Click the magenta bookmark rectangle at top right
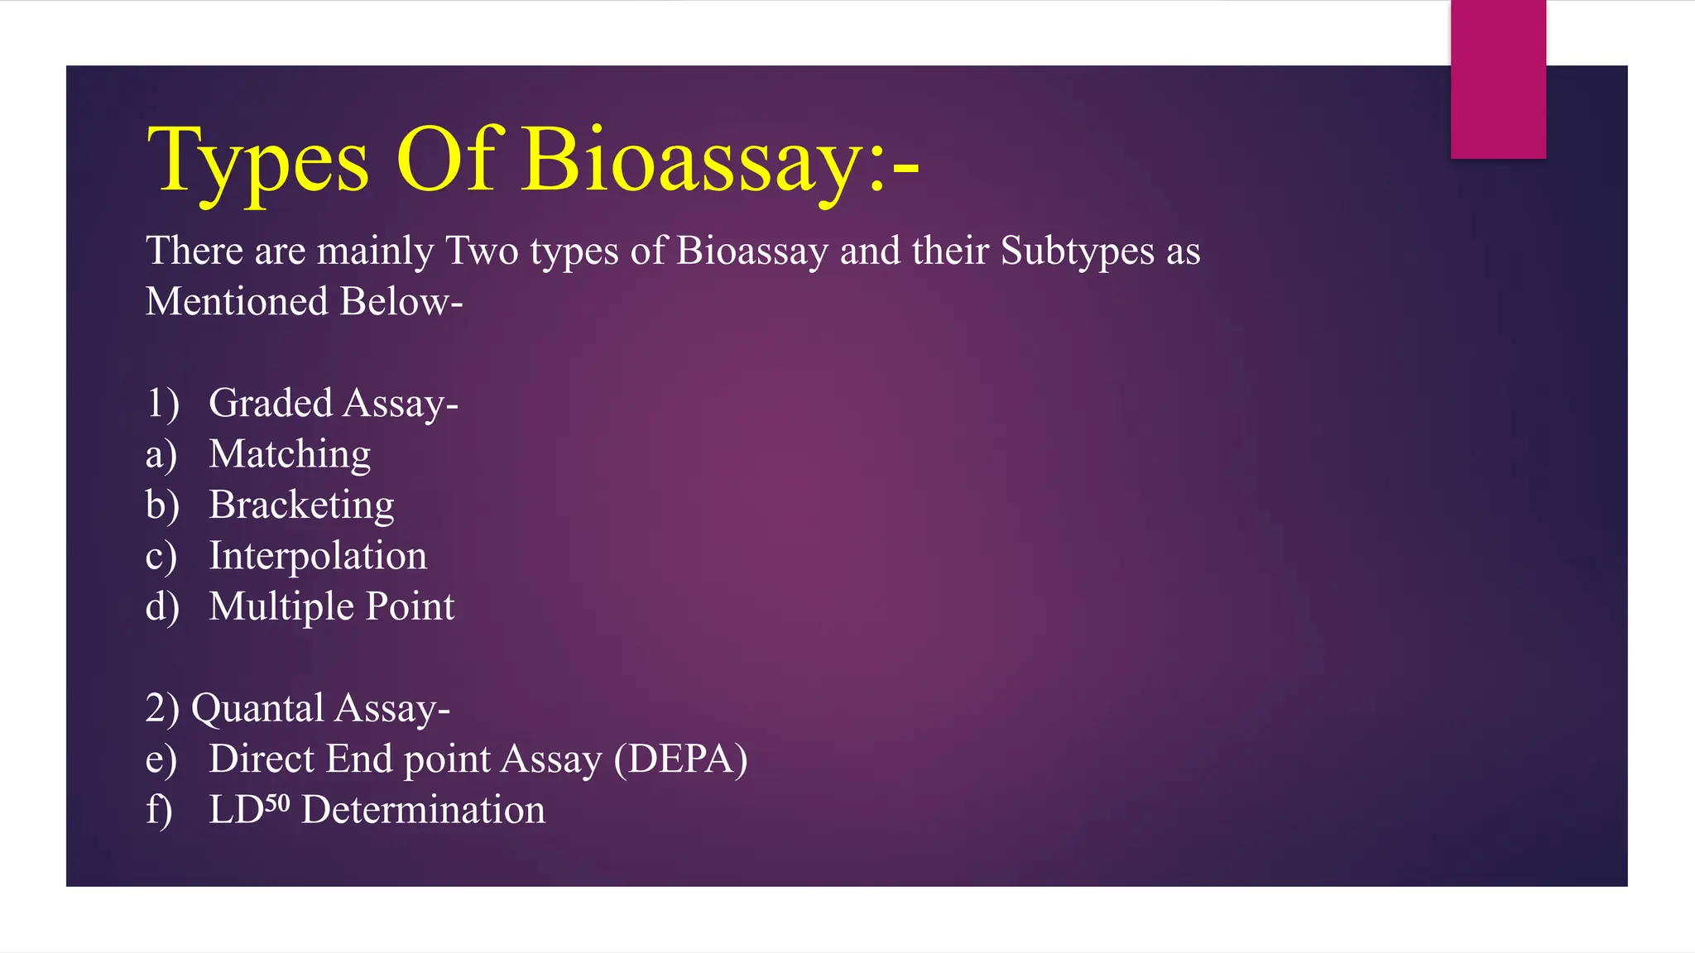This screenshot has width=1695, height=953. pos(1498,79)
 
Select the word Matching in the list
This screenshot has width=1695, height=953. pos(290,454)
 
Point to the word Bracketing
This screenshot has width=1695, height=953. pos(301,505)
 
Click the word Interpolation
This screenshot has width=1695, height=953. pos(318,555)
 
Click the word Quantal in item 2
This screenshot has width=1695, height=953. pos(257,708)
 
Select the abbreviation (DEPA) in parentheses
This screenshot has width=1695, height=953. pos(680,759)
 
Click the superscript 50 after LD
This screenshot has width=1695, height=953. pos(277,803)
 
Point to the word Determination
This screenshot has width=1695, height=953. pos(423,810)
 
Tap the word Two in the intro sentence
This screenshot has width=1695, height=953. pos(482,251)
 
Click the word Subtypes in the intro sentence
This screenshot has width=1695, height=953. pos(1077,251)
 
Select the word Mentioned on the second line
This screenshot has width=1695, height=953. pos(237,301)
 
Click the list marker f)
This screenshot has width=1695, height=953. pos(159,810)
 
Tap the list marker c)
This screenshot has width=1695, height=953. pos(161,556)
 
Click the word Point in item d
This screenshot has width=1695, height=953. pos(410,606)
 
